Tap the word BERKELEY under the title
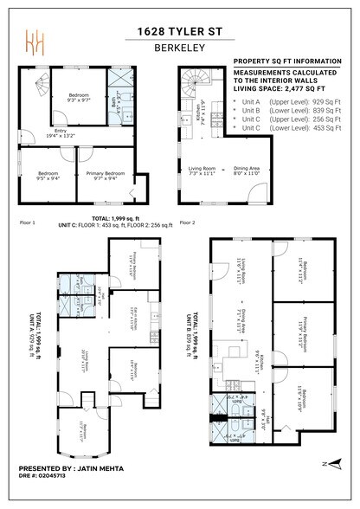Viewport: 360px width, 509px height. [180, 49]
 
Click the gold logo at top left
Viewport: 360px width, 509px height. [35, 42]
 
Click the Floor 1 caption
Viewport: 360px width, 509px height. [28, 222]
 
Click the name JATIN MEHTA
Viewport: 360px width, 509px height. [101, 468]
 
